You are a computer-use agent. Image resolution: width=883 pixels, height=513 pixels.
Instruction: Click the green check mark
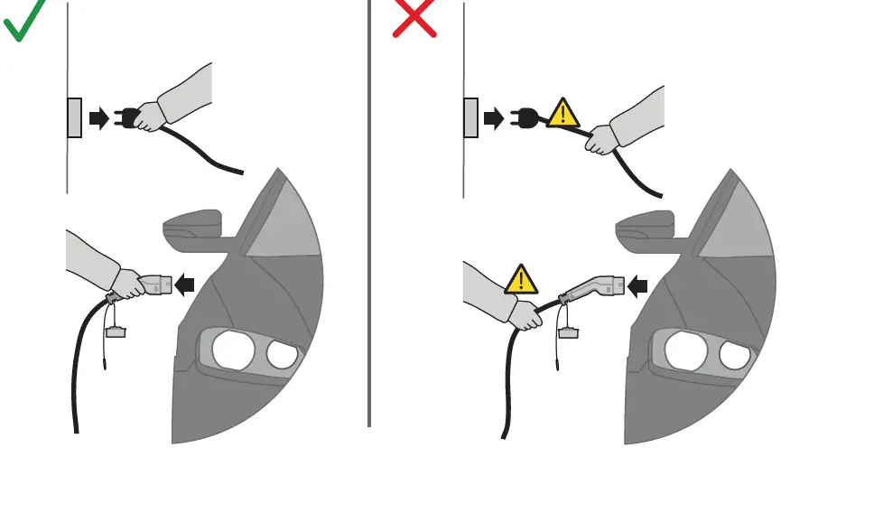coord(24,22)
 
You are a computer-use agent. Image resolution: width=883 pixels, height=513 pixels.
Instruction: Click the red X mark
coord(414,19)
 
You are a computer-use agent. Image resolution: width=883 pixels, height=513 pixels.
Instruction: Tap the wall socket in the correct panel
coord(74,117)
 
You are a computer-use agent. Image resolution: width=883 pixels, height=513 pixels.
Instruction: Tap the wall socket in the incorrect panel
coord(470,117)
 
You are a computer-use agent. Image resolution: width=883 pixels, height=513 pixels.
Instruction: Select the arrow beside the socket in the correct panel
coord(98,117)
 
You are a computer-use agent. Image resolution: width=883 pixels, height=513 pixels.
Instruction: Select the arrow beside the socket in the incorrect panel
coord(494,117)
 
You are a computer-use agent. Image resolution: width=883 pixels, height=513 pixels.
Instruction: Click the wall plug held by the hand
coord(128,117)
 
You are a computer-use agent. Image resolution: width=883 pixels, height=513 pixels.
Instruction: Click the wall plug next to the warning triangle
coord(524,117)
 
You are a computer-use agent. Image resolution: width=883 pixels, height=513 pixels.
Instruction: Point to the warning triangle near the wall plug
coord(563,114)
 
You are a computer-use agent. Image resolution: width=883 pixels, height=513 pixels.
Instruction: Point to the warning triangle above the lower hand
coord(521,280)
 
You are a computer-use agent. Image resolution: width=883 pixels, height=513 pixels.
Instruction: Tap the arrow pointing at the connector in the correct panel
coord(185,285)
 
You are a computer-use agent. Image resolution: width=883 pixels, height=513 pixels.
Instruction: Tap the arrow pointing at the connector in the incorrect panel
coord(638,286)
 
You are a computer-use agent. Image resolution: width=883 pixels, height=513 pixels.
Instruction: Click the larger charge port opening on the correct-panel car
coord(233,349)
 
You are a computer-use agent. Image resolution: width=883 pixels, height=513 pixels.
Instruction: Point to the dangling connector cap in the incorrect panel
coord(568,333)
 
